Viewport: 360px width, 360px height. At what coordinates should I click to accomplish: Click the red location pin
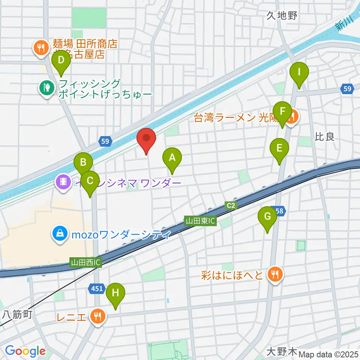(147, 141)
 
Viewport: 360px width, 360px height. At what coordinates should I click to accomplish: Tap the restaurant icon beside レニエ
(98, 317)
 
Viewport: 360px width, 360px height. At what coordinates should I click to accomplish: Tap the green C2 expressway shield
(230, 205)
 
